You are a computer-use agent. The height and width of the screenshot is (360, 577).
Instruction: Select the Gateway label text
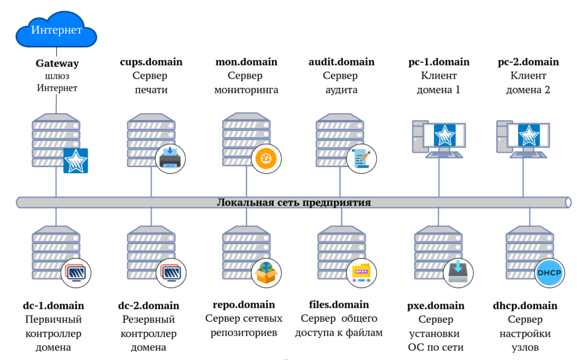[57, 63]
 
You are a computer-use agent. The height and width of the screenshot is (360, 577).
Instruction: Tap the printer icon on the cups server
[170, 158]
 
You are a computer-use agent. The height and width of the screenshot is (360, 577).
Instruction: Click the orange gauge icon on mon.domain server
[266, 158]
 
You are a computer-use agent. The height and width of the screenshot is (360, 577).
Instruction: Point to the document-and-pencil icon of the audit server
[361, 158]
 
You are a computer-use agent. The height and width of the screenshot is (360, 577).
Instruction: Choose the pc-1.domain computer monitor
[444, 135]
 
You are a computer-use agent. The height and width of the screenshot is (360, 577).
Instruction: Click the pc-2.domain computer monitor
[529, 135]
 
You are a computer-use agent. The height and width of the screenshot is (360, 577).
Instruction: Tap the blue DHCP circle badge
[549, 273]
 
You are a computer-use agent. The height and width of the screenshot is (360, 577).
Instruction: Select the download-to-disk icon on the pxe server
[458, 273]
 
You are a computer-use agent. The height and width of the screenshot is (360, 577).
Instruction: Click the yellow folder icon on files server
[361, 273]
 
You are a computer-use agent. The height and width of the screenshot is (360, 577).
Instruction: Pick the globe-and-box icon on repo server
[266, 273]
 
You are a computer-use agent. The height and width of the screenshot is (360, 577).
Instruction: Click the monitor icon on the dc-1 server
[76, 273]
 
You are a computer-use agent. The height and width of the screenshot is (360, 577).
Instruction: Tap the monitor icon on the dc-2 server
[171, 273]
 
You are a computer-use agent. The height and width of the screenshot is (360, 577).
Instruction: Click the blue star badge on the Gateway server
[76, 160]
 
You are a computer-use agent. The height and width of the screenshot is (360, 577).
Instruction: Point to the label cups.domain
[151, 62]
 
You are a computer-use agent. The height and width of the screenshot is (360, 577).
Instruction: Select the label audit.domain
[341, 62]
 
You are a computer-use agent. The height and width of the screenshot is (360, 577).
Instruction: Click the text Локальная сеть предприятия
[294, 202]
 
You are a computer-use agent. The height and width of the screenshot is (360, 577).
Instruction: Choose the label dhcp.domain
[525, 306]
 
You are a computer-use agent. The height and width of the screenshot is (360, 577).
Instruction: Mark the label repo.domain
[244, 305]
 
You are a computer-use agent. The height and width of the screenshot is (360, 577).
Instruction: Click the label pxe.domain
[436, 306]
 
